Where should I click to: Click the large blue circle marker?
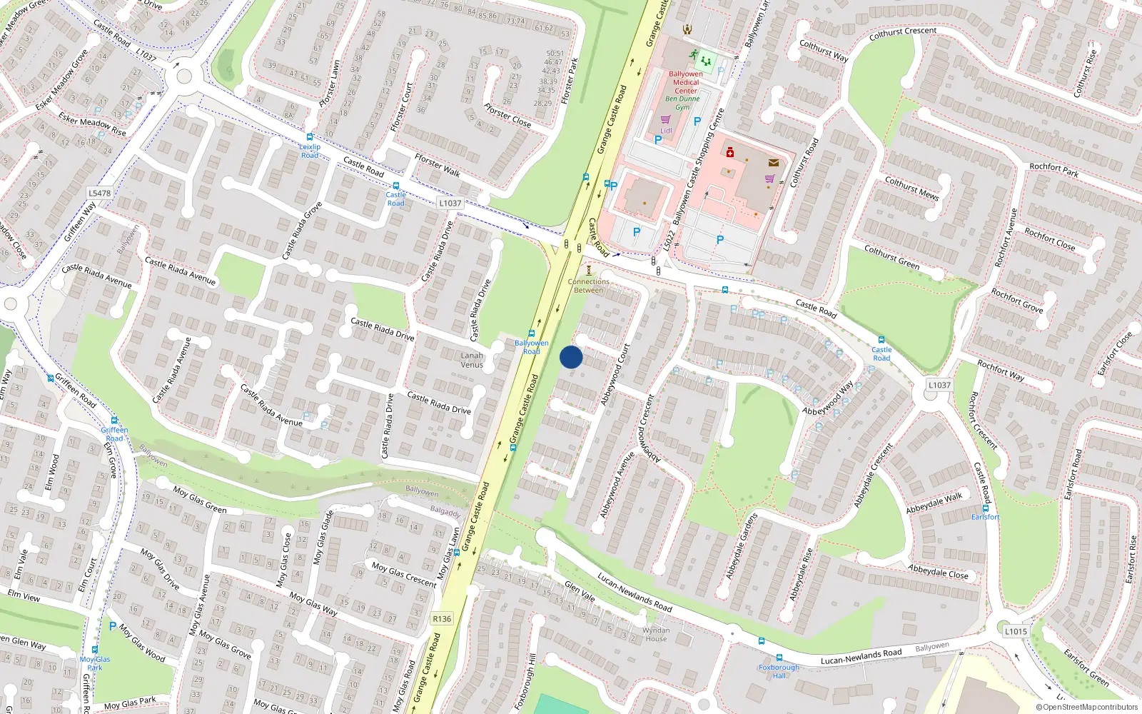click(x=571, y=357)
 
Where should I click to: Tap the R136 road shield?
click(x=442, y=618)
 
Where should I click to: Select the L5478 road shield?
click(x=100, y=193)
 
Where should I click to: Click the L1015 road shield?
click(x=1016, y=631)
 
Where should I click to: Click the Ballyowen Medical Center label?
click(x=686, y=82)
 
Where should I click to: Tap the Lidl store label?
click(x=666, y=131)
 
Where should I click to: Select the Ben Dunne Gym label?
click(x=683, y=103)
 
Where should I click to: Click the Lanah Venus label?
click(x=472, y=360)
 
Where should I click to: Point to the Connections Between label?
click(x=589, y=286)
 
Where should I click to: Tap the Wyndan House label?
click(x=656, y=634)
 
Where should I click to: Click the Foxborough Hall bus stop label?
click(x=779, y=671)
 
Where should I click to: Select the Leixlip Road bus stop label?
click(x=310, y=151)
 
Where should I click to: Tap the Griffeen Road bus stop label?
click(x=114, y=433)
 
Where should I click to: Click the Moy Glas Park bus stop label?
click(x=95, y=663)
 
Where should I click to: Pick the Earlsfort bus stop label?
click(x=985, y=517)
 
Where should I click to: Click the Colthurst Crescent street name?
click(x=903, y=33)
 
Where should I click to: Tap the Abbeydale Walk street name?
click(x=934, y=503)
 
